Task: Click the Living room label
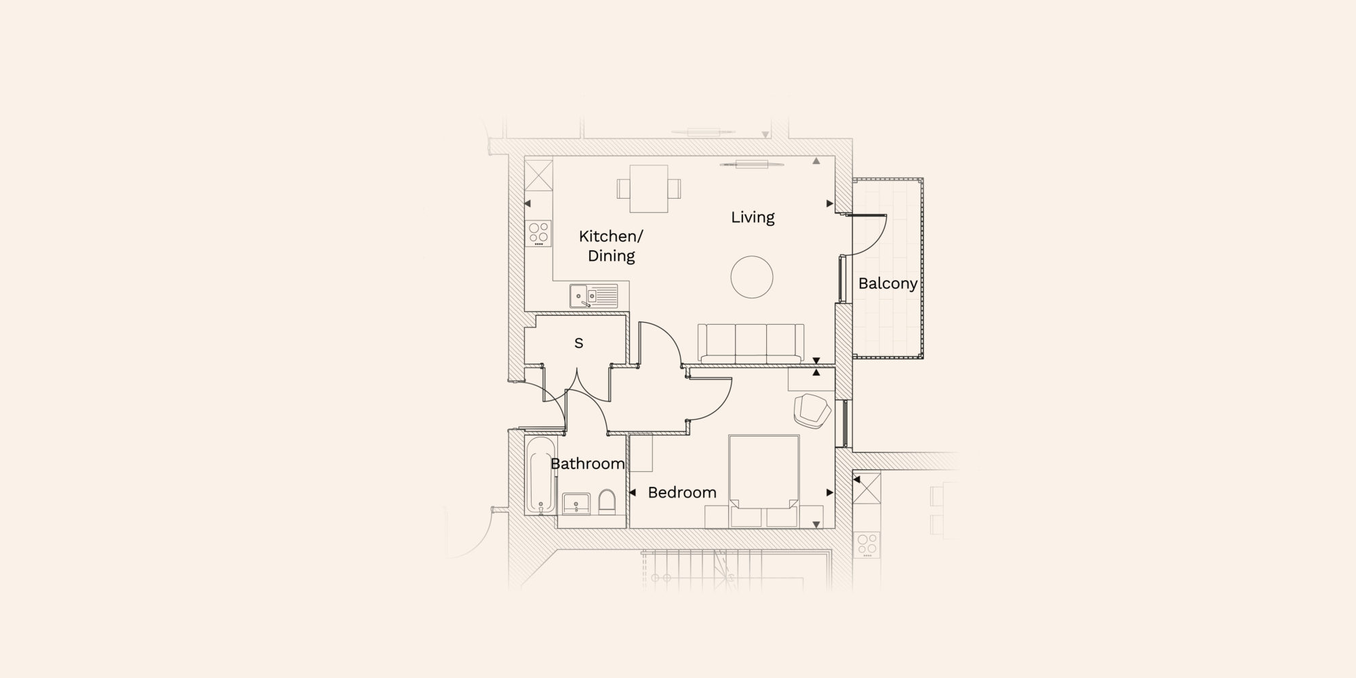pyautogui.click(x=753, y=217)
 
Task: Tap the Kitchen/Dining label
pyautogui.click(x=611, y=245)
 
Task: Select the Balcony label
pyautogui.click(x=888, y=283)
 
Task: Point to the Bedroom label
pyautogui.click(x=682, y=492)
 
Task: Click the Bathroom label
pyautogui.click(x=587, y=464)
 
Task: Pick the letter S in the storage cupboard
pyautogui.click(x=578, y=343)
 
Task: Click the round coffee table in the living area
pyautogui.click(x=752, y=277)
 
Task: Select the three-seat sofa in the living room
pyautogui.click(x=751, y=343)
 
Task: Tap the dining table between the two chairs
pyautogui.click(x=649, y=188)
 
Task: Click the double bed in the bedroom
pyautogui.click(x=763, y=481)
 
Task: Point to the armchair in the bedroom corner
pyautogui.click(x=813, y=410)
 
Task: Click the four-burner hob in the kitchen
pyautogui.click(x=540, y=234)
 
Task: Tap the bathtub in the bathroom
pyautogui.click(x=540, y=475)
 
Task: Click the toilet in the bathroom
pyautogui.click(x=607, y=502)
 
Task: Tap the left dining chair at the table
pyautogui.click(x=624, y=188)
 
